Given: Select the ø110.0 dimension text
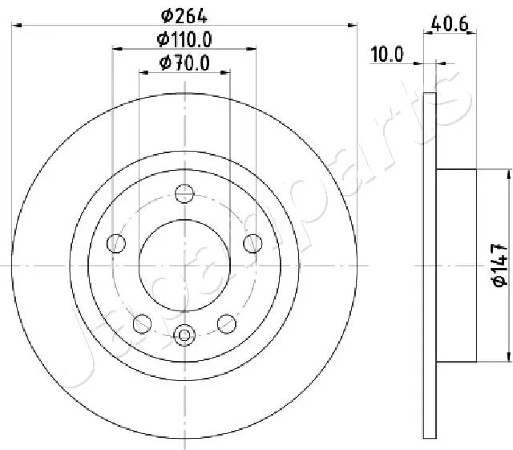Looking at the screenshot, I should [185, 39].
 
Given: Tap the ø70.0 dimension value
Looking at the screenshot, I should [185, 63].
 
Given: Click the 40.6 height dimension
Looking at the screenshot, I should [450, 24].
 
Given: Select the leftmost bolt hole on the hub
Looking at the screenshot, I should [116, 242].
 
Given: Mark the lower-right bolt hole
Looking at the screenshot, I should [228, 322].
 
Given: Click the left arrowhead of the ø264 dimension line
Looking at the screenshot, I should [17, 26].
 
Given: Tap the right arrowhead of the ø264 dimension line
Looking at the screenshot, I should [353, 26].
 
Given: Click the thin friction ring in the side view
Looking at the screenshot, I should [430, 265].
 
